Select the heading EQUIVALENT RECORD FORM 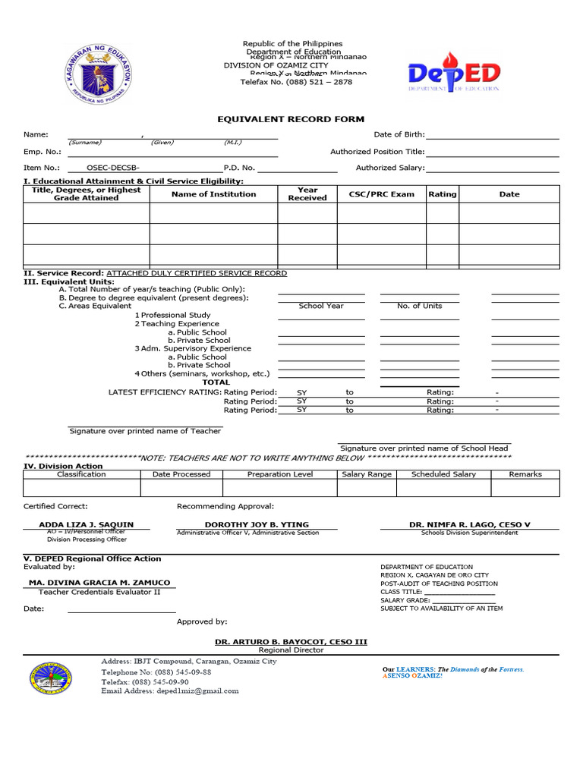(291, 119)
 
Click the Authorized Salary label (390, 168)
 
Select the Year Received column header (307, 194)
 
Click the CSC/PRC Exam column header (381, 194)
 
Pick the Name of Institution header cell (213, 194)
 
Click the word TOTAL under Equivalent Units (216, 382)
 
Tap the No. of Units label (419, 306)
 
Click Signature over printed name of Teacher (145, 431)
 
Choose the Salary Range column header (367, 474)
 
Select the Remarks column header (525, 474)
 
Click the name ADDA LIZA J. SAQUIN (86, 524)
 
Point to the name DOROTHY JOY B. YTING (257, 524)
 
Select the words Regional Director (291, 650)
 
